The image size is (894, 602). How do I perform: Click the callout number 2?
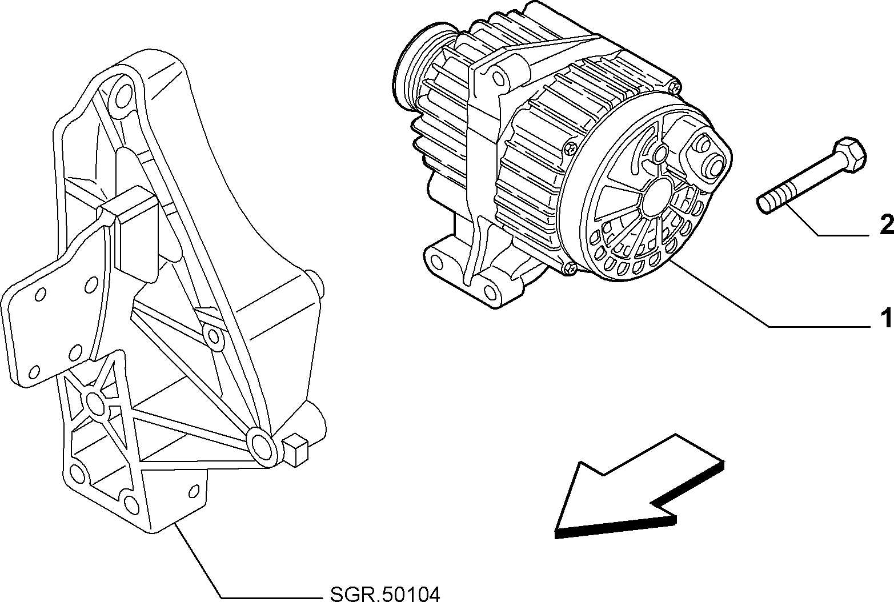click(x=886, y=224)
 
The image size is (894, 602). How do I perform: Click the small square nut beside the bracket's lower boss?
click(x=295, y=450)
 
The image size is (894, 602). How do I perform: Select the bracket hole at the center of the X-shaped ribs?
click(x=95, y=403)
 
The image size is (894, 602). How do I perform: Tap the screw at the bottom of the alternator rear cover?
click(x=571, y=269)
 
